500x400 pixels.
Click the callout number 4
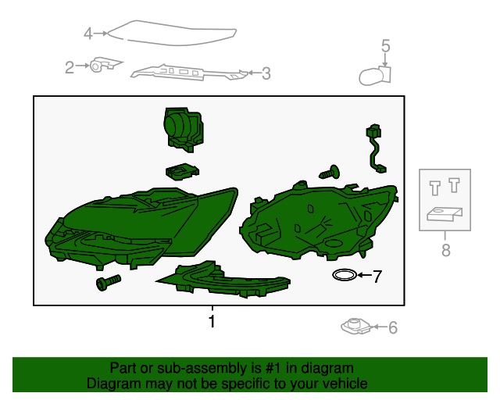(88, 34)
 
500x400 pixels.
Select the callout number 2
(70, 67)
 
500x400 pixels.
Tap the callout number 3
(266, 73)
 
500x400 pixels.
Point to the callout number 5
(385, 45)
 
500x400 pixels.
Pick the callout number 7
(377, 277)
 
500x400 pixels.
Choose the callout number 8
(446, 250)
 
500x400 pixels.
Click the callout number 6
(393, 328)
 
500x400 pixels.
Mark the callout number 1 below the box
(212, 321)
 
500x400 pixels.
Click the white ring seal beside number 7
(345, 275)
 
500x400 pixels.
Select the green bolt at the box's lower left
(109, 283)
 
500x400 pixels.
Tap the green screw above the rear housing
(329, 173)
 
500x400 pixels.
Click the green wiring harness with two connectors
(375, 149)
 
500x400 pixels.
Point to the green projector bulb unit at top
(183, 130)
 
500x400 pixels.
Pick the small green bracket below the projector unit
(182, 172)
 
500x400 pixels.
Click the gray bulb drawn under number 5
(375, 76)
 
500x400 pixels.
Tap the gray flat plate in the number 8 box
(445, 214)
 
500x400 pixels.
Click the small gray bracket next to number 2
(105, 64)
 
